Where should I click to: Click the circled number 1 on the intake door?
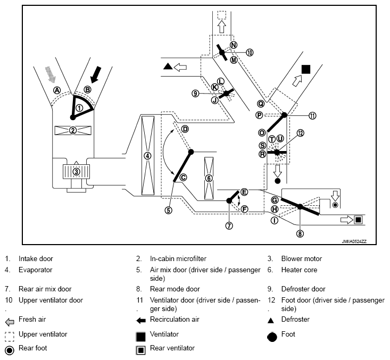click(79, 107)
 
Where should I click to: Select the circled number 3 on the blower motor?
click(76, 172)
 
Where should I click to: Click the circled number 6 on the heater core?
click(209, 178)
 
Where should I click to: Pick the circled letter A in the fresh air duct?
click(56, 90)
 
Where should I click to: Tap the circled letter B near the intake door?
click(87, 90)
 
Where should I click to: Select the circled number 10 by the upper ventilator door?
click(250, 52)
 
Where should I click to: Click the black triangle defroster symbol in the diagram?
click(168, 66)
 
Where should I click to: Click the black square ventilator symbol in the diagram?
click(305, 69)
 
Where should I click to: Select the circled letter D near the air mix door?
click(185, 129)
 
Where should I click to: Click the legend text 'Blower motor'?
click(301, 259)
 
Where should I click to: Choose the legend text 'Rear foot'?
click(33, 348)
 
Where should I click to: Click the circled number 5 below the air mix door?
click(168, 210)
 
